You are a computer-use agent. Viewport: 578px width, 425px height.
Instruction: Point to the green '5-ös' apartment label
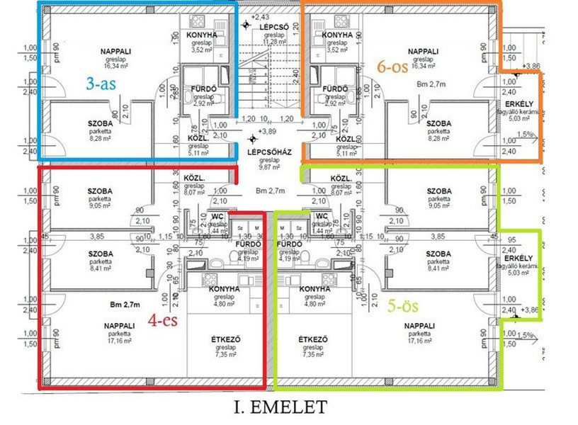pos(405,307)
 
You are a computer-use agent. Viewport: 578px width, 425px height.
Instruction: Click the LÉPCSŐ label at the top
pos(272,27)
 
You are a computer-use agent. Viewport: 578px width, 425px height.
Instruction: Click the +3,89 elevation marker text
pos(267,132)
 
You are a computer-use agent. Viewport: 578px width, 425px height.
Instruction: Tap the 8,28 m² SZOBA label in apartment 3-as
pos(101,139)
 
